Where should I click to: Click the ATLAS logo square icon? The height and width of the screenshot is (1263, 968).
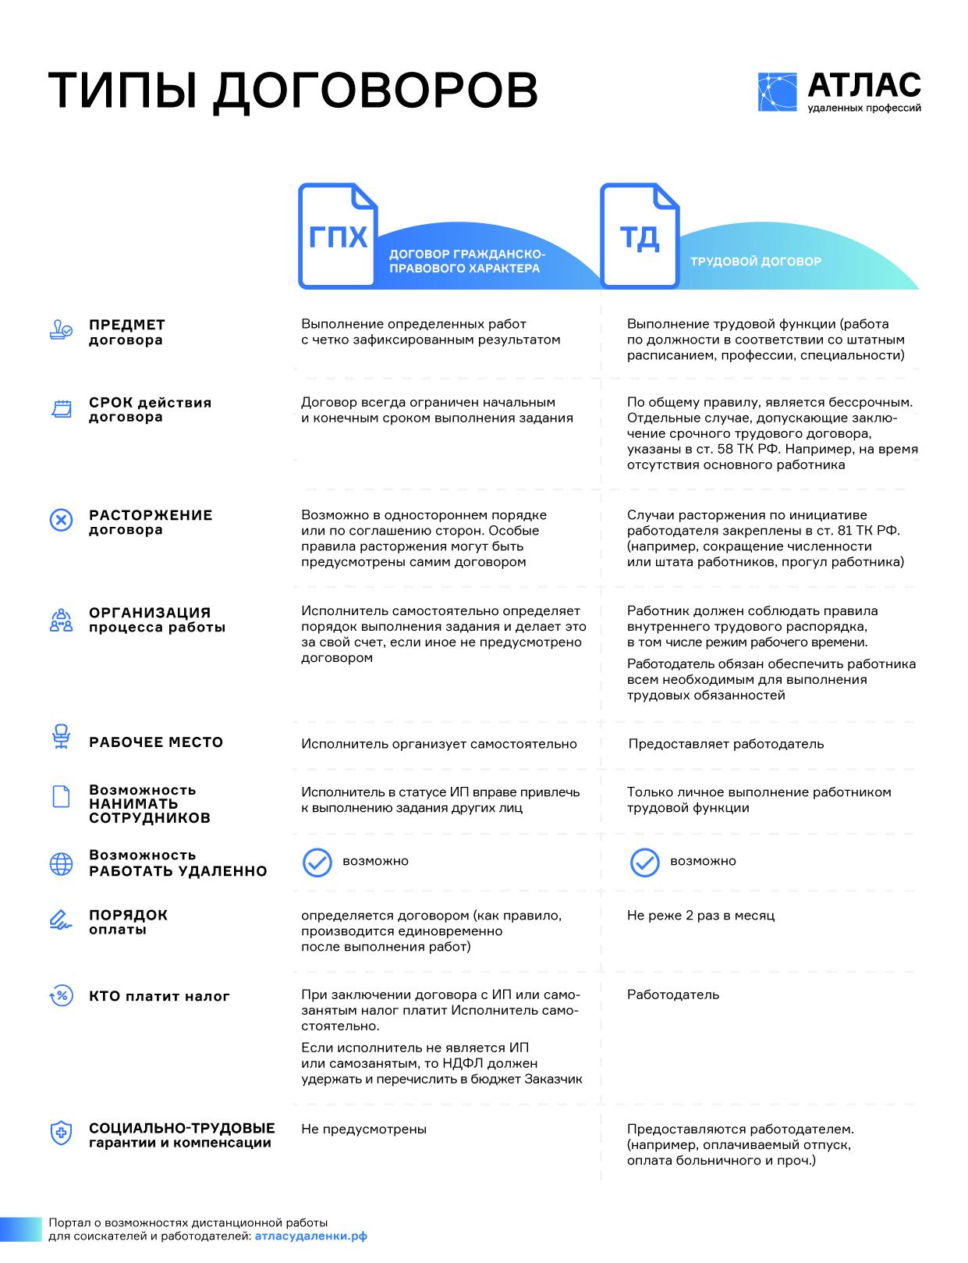[777, 92]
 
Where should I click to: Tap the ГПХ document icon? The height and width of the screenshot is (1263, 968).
[338, 236]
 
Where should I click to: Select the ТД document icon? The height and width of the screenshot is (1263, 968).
[639, 236]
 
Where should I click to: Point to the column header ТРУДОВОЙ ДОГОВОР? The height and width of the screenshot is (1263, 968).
[755, 261]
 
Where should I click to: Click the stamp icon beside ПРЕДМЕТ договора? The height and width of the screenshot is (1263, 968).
[61, 331]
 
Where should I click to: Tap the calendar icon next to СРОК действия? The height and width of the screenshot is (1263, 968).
[61, 408]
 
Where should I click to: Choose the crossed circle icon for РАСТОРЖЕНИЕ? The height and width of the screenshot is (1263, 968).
[61, 520]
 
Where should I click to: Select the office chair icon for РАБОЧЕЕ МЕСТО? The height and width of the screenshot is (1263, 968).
[61, 737]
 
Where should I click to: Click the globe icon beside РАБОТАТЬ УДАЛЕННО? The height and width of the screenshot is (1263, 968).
[61, 863]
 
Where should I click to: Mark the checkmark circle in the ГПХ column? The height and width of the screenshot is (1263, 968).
[317, 862]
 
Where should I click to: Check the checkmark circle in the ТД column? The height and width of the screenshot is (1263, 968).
[644, 862]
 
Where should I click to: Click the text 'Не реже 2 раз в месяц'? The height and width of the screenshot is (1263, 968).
[700, 916]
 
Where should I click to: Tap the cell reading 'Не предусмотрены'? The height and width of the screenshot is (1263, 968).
[363, 1130]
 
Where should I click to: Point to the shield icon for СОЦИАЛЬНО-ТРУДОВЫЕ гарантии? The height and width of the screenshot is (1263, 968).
[61, 1133]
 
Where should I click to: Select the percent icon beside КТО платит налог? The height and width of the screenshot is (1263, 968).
[61, 995]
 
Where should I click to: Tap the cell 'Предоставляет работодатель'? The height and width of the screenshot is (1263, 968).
[725, 744]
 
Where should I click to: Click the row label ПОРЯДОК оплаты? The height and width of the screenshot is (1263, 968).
[128, 922]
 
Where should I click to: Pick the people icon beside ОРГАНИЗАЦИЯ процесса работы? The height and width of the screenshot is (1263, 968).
[61, 621]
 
